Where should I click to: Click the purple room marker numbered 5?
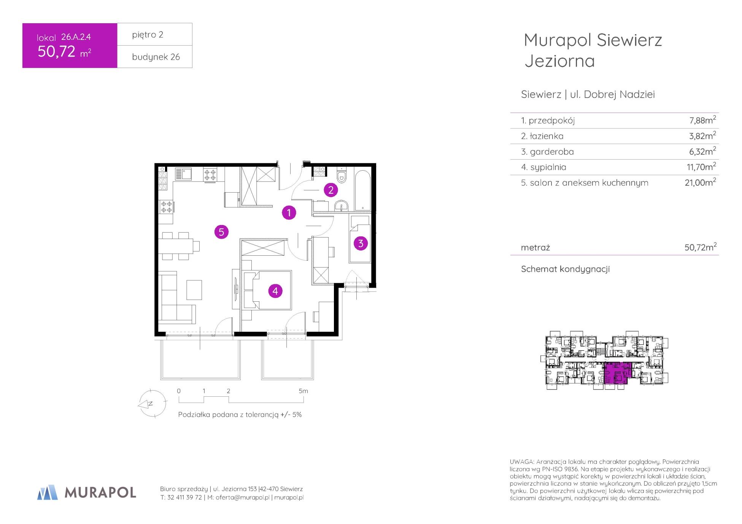point(221,231)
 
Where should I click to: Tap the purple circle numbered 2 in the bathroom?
point(331,190)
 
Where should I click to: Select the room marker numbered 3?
point(361,243)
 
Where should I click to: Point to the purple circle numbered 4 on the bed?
point(275,291)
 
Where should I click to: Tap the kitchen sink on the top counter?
point(184,174)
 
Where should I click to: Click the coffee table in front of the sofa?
point(194,290)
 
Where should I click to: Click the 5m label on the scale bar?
point(303,391)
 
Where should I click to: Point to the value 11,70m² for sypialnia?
point(702,166)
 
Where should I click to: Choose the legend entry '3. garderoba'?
point(547,152)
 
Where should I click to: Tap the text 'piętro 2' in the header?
point(148,35)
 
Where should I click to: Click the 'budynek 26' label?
point(156,57)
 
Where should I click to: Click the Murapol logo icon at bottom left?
point(48,492)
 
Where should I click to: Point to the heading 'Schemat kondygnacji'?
point(565,269)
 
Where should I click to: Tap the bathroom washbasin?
point(342,206)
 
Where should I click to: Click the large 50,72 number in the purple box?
point(56,51)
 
